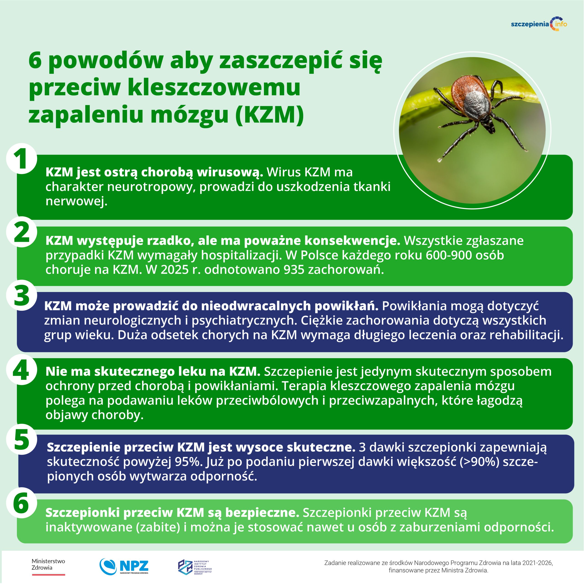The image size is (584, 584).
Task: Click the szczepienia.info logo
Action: (x=539, y=24)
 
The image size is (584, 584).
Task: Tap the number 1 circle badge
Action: (x=21, y=159)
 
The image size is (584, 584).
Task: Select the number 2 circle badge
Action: (x=21, y=232)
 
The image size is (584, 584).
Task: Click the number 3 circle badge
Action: (x=21, y=295)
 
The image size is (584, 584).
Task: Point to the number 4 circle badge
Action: (x=21, y=370)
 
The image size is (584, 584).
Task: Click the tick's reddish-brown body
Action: (x=466, y=91)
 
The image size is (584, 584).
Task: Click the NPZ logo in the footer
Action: (x=124, y=566)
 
